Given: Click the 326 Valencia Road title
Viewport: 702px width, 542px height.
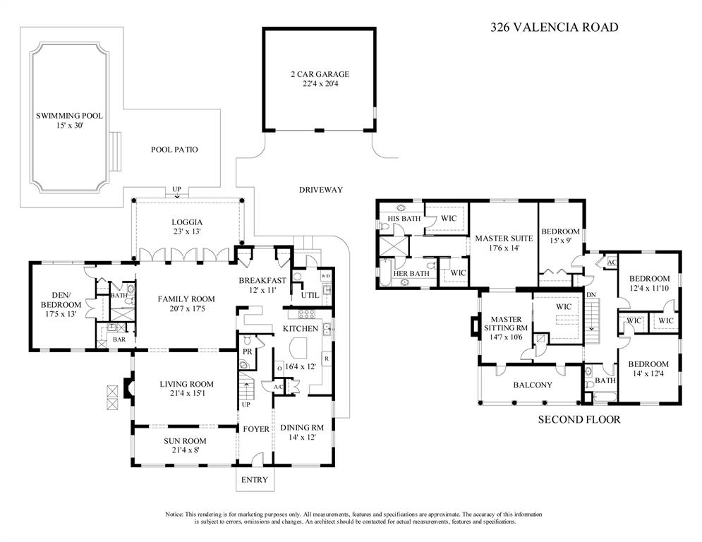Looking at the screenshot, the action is [555, 28].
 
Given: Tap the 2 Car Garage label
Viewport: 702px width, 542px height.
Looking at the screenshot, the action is [320, 74].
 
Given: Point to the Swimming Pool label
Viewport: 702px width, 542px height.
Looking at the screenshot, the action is [69, 116].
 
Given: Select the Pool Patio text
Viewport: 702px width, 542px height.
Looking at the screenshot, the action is [174, 150].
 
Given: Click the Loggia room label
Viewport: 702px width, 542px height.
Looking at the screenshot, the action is [187, 222].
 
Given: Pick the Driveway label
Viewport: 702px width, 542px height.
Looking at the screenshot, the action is [321, 190].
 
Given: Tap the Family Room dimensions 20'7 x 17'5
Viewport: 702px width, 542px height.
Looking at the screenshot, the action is [186, 309].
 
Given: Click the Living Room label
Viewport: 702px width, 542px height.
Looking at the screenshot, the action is [187, 385].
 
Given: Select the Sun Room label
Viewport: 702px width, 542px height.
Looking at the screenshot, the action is [185, 441].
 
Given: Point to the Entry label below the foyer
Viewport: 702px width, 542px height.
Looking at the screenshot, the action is [254, 480].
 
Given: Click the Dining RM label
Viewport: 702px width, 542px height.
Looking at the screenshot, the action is [302, 428].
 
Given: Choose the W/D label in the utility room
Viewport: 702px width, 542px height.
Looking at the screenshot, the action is [325, 276].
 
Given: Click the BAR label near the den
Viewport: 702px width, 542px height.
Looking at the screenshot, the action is [119, 339].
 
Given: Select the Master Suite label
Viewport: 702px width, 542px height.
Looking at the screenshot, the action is [504, 239].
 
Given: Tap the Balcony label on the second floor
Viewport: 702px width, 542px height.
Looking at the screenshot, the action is [533, 385].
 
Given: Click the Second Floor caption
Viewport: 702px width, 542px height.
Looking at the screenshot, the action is [579, 420].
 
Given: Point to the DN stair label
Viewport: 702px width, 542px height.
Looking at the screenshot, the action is [591, 295].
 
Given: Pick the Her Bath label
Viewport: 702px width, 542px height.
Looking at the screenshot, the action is [411, 274].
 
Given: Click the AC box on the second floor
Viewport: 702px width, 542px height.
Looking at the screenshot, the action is [612, 262].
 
